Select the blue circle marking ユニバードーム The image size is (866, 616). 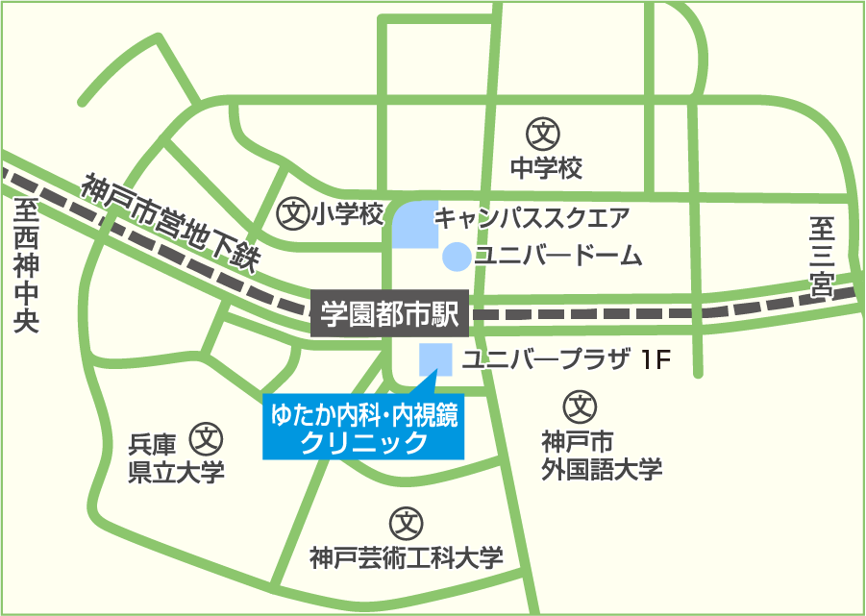pyautogui.click(x=456, y=257)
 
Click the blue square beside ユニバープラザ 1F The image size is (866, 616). pyautogui.click(x=435, y=359)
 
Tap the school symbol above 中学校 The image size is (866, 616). pyautogui.click(x=545, y=133)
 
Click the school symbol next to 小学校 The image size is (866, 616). pyautogui.click(x=290, y=213)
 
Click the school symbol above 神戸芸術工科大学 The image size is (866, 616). pyautogui.click(x=406, y=524)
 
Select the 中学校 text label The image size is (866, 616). pyautogui.click(x=546, y=169)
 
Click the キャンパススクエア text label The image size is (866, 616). pyautogui.click(x=532, y=216)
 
